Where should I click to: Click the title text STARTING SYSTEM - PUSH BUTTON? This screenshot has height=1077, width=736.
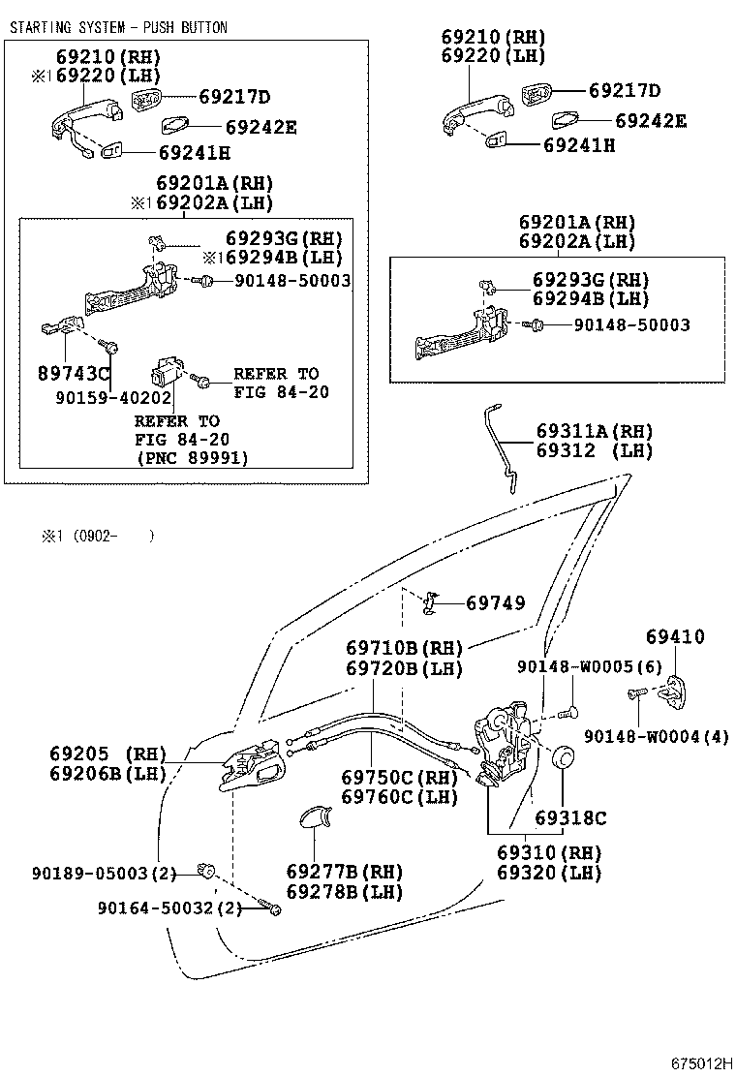[x=118, y=27]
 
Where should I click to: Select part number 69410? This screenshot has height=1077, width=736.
[x=675, y=636]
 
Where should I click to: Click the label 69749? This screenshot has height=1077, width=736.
[x=495, y=603]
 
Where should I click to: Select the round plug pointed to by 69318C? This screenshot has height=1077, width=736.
[x=564, y=757]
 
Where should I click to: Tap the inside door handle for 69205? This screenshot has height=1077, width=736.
[x=254, y=768]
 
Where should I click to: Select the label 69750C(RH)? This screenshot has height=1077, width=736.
[x=399, y=777]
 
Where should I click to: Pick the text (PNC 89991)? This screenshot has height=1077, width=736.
[x=191, y=458]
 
